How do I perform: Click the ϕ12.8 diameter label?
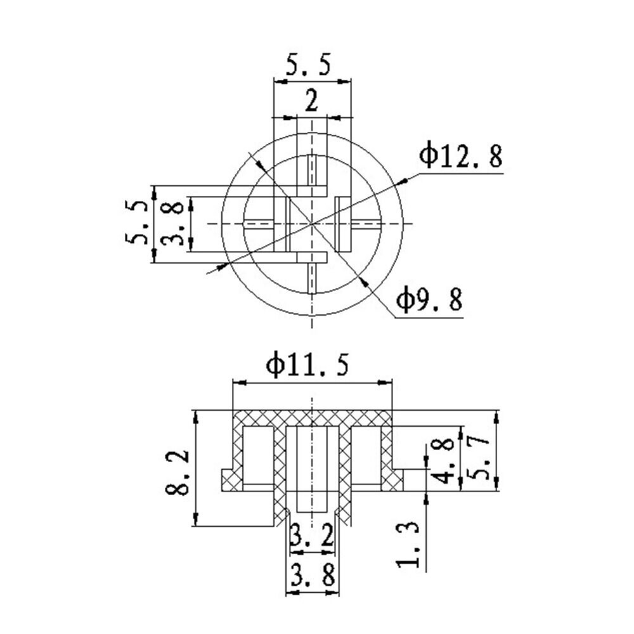click(461, 157)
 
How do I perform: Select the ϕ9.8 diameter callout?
click(429, 299)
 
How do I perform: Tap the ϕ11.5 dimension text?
click(307, 366)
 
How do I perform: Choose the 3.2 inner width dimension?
click(311, 538)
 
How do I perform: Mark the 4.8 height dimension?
click(446, 460)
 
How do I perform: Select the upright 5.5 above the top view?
click(308, 66)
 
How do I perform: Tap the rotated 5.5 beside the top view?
click(138, 223)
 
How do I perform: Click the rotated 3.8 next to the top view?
click(172, 223)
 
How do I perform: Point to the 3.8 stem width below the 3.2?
click(311, 576)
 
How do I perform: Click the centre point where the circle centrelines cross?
click(311, 223)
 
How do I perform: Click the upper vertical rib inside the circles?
click(311, 170)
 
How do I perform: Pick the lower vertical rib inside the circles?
click(311, 278)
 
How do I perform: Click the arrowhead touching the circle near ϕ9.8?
click(362, 281)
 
